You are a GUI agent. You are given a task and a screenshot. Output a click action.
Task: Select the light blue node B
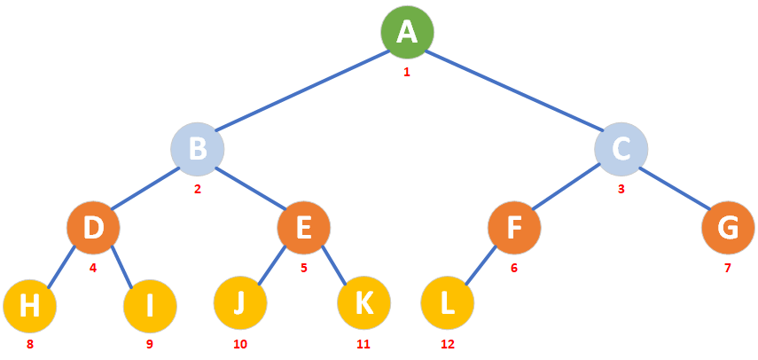[198, 148]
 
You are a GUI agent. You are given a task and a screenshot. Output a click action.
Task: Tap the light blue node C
[621, 148]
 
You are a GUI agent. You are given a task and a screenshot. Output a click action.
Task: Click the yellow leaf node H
[29, 304]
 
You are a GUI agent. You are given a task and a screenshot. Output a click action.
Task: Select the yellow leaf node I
[150, 304]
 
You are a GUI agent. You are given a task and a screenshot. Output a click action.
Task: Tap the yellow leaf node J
[240, 302]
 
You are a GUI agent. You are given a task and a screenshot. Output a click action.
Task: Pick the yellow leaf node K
[363, 302]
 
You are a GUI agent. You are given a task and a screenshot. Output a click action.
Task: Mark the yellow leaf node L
[448, 302]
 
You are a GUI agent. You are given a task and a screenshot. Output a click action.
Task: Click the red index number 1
[407, 72]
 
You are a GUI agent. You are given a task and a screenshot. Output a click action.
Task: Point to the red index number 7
[728, 267]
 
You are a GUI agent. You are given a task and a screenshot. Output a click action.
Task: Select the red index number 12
[448, 344]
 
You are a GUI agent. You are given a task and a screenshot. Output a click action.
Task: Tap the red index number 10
[240, 344]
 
